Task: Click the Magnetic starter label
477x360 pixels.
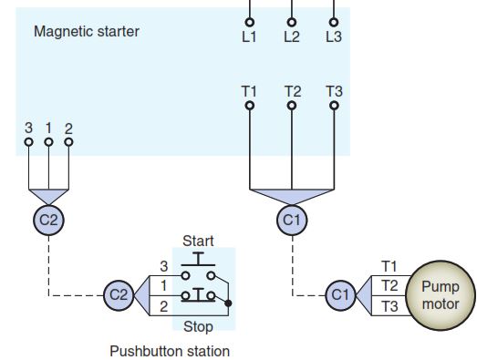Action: tap(87, 32)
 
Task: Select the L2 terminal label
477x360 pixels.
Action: tap(292, 37)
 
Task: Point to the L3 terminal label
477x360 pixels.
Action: tap(334, 37)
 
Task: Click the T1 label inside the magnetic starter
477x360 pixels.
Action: tap(249, 91)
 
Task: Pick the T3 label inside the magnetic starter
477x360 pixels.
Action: tap(334, 91)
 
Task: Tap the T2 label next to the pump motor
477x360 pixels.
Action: tap(389, 286)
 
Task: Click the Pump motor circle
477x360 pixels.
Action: tap(441, 294)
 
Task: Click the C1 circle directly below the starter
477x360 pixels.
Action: tap(291, 219)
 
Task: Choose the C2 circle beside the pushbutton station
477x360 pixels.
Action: tap(119, 295)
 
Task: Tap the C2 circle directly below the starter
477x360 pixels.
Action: tap(48, 219)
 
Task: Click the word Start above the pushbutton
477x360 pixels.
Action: tap(198, 241)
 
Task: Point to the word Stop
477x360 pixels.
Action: tap(198, 325)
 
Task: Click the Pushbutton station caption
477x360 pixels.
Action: tap(170, 351)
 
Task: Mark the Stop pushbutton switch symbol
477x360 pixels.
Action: tap(199, 293)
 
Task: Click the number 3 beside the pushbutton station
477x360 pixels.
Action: tap(164, 266)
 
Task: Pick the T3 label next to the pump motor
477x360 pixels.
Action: tap(389, 306)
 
